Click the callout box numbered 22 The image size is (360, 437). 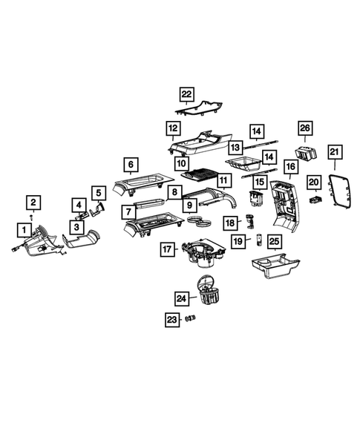[x=186, y=94]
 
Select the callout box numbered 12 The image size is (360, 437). [x=173, y=128]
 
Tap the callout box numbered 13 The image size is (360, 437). [x=235, y=147]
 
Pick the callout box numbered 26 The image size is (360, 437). [x=305, y=128]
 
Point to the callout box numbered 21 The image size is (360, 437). [x=334, y=152]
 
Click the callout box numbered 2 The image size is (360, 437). [x=33, y=203]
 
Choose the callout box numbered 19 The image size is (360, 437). [x=238, y=241]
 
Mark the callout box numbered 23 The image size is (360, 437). [x=172, y=319]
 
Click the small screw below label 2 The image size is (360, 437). [x=31, y=216]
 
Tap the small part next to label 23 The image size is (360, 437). [x=191, y=318]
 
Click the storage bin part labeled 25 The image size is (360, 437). [x=275, y=266]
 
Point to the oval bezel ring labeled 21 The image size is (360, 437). [x=330, y=192]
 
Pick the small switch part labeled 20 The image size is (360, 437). [x=316, y=200]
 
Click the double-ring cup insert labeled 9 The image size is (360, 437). [x=199, y=220]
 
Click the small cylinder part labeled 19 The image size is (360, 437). [x=259, y=240]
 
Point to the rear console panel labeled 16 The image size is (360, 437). [x=285, y=205]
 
